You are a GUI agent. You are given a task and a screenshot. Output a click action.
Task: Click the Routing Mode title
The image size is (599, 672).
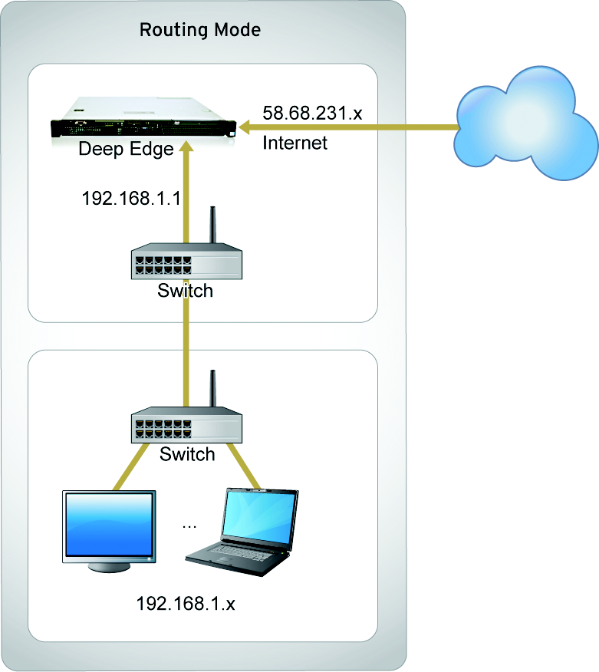coord(199,31)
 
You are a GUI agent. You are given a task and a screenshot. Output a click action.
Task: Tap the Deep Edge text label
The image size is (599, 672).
coord(127,149)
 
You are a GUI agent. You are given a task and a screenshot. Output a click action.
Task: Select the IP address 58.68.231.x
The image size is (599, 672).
coord(312,114)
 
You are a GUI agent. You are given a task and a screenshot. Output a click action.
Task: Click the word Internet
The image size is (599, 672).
coord(295,143)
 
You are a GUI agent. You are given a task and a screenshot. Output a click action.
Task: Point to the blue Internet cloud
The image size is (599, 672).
coord(525,123)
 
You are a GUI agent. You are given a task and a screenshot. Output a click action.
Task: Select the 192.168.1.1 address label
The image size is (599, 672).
coord(131,199)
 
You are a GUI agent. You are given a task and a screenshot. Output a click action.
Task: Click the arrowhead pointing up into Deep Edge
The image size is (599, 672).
coord(184,150)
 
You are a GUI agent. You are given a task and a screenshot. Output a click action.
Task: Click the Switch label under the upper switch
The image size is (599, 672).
coord(185,292)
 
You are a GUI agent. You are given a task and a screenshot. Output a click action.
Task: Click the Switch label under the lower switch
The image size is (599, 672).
coord(187,454)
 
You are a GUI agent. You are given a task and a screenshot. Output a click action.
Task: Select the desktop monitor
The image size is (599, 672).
coord(110,529)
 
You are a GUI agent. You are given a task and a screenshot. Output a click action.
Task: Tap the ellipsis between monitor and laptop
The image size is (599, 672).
coord(190,526)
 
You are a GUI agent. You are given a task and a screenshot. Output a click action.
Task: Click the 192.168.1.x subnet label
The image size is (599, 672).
coord(186,603)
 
